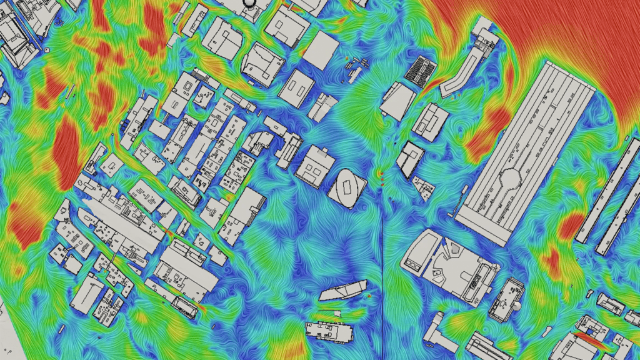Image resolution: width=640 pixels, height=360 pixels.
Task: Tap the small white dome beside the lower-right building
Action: click(517, 307)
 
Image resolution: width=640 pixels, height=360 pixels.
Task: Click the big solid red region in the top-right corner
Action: click(562, 31)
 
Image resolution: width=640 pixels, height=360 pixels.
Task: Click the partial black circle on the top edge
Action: click(249, 2)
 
